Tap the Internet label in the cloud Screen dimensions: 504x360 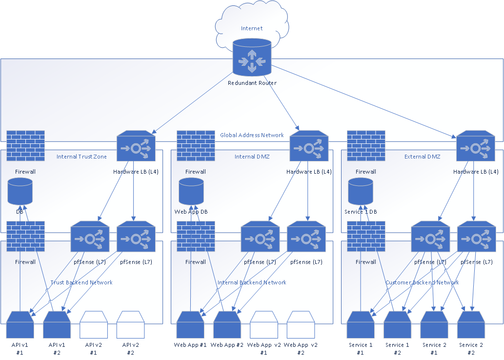(252, 28)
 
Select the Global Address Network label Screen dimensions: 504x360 (252, 135)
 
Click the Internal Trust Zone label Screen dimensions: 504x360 (81, 157)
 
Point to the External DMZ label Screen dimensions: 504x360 (423, 157)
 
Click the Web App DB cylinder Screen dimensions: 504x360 (191, 191)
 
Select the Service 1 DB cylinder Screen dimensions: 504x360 (361, 191)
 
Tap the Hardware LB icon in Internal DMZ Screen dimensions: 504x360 (309, 145)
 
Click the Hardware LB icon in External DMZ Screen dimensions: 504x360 (476, 145)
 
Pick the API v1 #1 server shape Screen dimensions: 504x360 (20, 325)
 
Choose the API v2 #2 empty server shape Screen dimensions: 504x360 (130, 325)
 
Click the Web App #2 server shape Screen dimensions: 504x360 (227, 325)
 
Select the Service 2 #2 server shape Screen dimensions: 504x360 (471, 325)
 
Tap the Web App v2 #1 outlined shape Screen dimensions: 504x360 (264, 325)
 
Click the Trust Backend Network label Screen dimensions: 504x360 (81, 282)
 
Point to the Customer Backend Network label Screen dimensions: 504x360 (422, 282)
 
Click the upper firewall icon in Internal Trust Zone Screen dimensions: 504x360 (26, 145)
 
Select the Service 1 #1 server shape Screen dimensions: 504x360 (361, 325)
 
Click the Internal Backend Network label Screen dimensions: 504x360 (252, 282)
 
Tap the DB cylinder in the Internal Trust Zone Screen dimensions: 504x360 (20, 191)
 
